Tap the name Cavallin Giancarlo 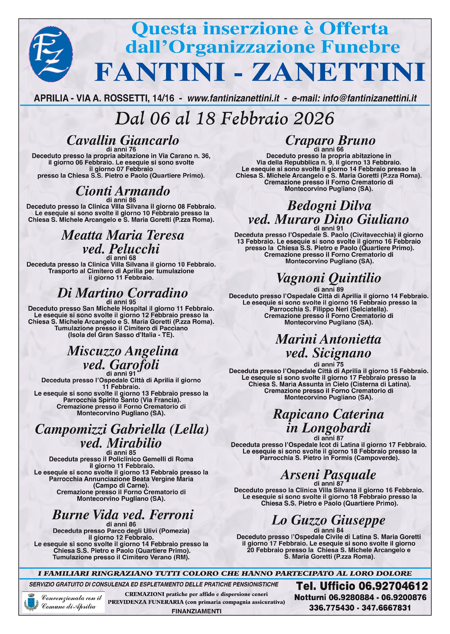tap(123, 140)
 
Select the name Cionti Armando tap(123, 191)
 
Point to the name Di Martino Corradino tap(123, 293)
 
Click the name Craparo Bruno tap(330, 140)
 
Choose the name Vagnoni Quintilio tap(329, 278)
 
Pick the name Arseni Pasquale tap(328, 475)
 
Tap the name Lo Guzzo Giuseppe tap(328, 521)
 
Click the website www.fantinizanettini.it tap(233, 98)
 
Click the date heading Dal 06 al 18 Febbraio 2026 tap(224, 119)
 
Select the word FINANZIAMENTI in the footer tap(196, 611)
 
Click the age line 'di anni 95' tap(121, 302)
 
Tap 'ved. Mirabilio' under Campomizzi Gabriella tap(121, 443)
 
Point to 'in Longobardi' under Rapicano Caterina tap(328, 428)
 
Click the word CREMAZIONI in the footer tap(145, 594)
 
